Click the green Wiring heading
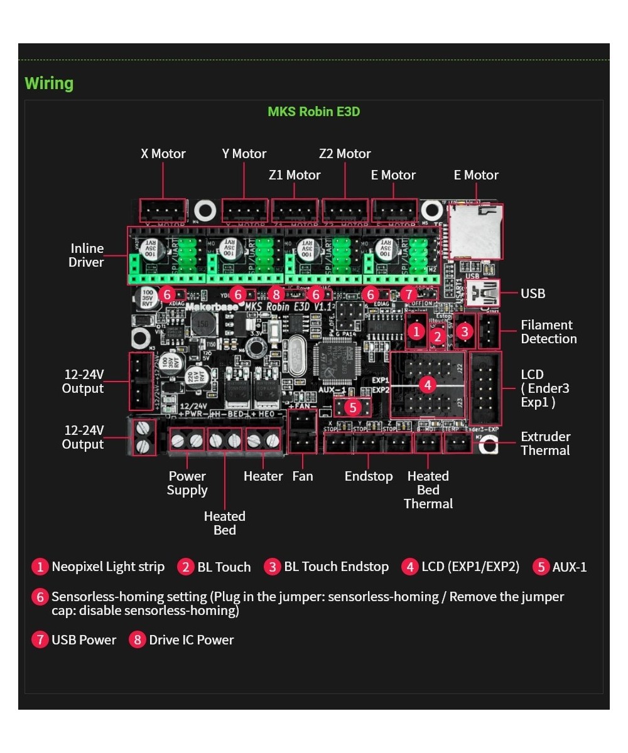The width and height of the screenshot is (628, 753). pos(49,83)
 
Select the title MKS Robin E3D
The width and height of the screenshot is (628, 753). pos(313,112)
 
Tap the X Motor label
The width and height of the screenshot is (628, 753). pos(163,154)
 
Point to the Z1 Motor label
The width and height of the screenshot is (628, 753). pos(295,175)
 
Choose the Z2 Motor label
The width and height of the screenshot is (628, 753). pos(345,154)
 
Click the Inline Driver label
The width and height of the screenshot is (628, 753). pos(87,255)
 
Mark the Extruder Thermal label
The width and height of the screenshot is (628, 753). pos(545,444)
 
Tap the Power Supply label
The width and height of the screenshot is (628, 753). pos(187,483)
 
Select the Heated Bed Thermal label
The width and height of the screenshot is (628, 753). pos(428,490)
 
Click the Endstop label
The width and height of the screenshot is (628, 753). pos(369,476)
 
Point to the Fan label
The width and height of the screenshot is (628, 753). pos(302,476)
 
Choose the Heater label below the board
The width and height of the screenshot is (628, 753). pos(263,476)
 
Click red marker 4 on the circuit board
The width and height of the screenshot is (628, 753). pos(428,384)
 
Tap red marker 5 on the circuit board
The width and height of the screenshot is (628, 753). pos(352,407)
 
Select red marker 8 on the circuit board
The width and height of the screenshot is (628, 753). pos(276,294)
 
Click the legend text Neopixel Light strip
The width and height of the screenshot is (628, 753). pos(108,567)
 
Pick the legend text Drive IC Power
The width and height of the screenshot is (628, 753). pos(191,640)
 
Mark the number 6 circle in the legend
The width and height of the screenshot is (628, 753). pos(40,597)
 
